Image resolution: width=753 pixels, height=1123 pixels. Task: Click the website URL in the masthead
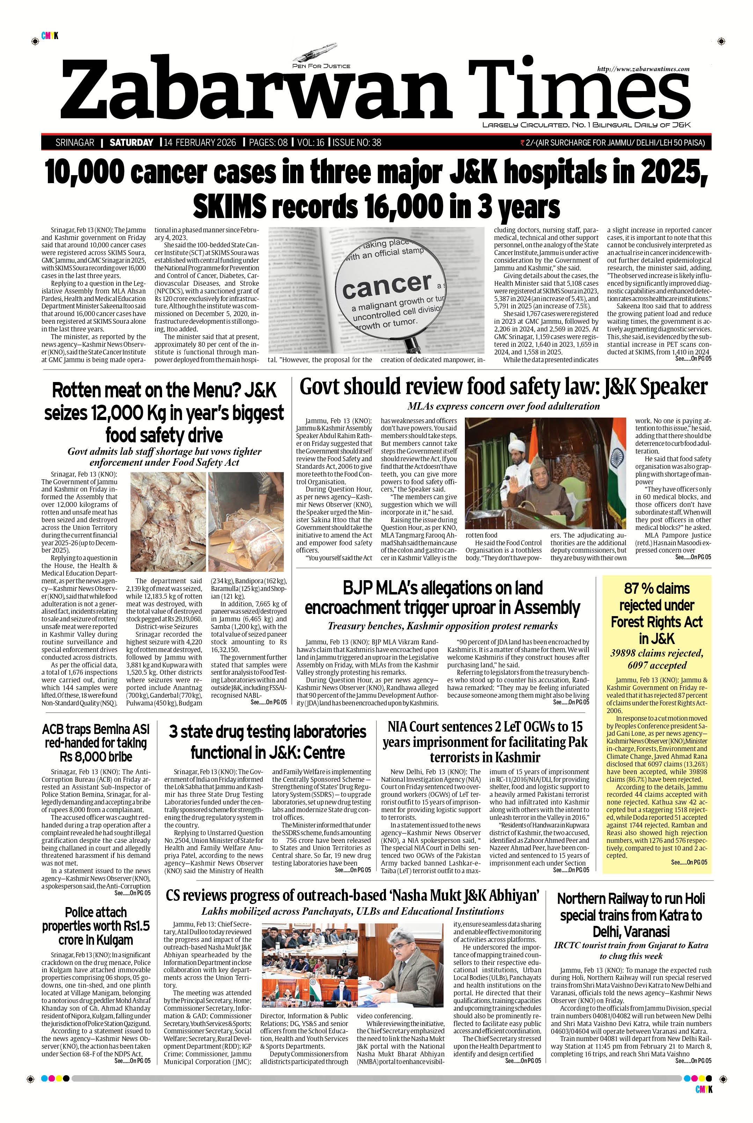pyautogui.click(x=643, y=69)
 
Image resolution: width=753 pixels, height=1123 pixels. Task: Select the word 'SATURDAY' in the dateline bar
pyautogui.click(x=131, y=142)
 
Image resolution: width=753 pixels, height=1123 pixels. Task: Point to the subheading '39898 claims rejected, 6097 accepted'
pyautogui.click(x=657, y=659)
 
